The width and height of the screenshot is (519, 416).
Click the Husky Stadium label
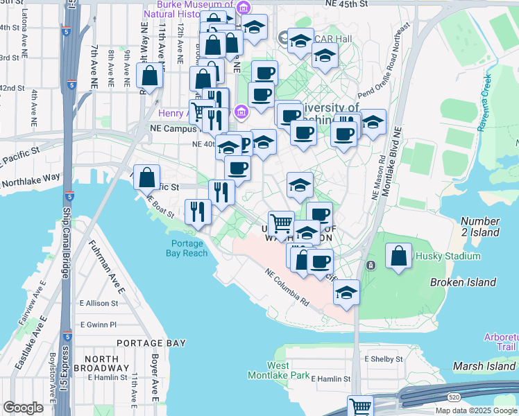coord(448,256)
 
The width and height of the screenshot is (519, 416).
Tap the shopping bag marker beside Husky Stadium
coord(400,256)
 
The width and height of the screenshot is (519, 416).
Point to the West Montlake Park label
coord(278,370)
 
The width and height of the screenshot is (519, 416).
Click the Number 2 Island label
coord(479,227)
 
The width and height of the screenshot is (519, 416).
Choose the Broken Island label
coord(463,282)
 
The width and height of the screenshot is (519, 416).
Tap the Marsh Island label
coord(484,365)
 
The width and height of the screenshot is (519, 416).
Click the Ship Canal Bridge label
coord(67,243)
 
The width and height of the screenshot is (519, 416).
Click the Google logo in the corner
coord(24,408)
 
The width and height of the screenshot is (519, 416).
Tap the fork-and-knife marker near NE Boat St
coord(198,211)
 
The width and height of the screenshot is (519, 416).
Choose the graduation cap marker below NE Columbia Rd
coord(346,292)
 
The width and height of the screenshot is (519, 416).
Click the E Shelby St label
coord(383,359)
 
